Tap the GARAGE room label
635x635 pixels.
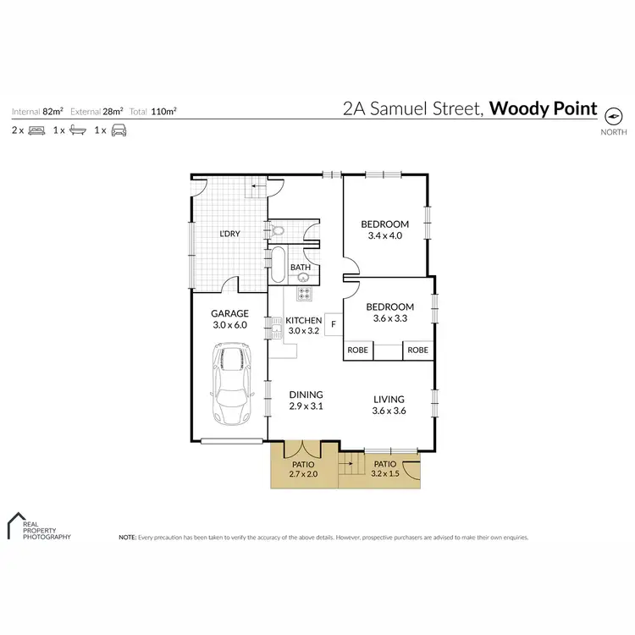tap(229, 313)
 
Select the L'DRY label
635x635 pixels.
tap(229, 234)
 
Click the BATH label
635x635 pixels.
tap(301, 268)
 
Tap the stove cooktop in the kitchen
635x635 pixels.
tap(303, 294)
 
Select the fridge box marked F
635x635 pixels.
tap(334, 323)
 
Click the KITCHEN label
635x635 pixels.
tap(303, 320)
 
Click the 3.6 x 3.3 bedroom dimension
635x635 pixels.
tap(389, 318)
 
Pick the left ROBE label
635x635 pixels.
tap(357, 350)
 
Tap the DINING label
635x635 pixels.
tap(306, 394)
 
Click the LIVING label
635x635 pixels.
tap(389, 399)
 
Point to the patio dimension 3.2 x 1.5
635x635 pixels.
tap(385, 474)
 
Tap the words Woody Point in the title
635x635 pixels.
tap(544, 109)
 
